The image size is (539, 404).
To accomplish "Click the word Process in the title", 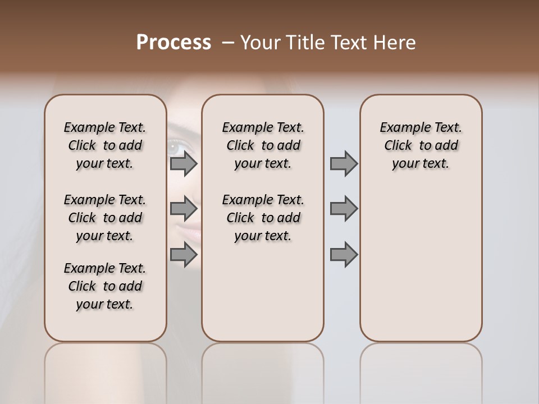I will [173, 43].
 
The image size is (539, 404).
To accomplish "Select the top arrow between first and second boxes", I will [184, 163].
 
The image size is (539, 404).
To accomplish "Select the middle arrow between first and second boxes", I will [184, 209].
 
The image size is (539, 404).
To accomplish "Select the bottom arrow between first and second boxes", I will [184, 255].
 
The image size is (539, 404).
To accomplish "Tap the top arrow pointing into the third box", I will [344, 163].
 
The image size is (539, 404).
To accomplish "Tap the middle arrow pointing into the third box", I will [344, 209].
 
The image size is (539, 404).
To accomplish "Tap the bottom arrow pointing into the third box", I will [344, 255].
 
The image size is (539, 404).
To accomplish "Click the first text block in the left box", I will [105, 145].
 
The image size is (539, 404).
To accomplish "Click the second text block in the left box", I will [105, 218].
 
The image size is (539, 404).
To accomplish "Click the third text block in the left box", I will [105, 286].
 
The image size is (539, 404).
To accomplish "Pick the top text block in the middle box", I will [263, 145].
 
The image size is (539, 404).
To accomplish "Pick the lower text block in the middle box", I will [263, 218].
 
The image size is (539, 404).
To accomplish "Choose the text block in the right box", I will [421, 145].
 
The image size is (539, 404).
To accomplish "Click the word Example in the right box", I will [400, 128].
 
